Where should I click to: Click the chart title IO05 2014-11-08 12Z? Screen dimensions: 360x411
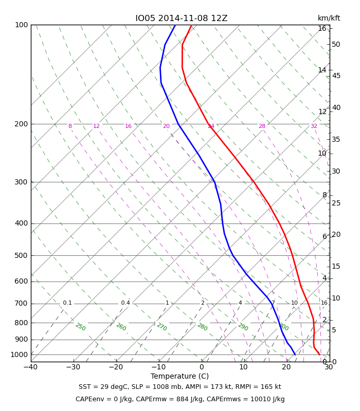pos(182,18)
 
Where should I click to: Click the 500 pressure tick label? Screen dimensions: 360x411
pos(21,255)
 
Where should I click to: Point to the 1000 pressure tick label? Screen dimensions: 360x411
pos(19,354)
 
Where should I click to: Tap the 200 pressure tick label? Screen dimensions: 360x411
pos(21,124)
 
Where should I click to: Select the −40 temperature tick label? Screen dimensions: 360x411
pos(31,367)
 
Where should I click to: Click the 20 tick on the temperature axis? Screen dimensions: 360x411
pos(286,367)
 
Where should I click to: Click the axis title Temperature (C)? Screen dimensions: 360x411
pos(179,376)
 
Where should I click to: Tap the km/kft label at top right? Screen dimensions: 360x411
pos(329,18)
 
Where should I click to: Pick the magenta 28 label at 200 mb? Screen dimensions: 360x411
pos(262,126)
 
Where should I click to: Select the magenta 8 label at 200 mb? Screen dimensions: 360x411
pos(70,126)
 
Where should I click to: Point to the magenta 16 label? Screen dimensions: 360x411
pos(128,126)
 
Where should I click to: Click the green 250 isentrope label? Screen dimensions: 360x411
pos(81,327)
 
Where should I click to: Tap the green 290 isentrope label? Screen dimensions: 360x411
pos(243,327)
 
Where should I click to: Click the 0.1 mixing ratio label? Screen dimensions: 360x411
pos(67,303)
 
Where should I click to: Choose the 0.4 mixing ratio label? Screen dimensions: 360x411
pos(125,303)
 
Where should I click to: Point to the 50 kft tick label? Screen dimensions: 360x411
pos(336,44)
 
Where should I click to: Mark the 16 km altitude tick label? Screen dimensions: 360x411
pos(322,28)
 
